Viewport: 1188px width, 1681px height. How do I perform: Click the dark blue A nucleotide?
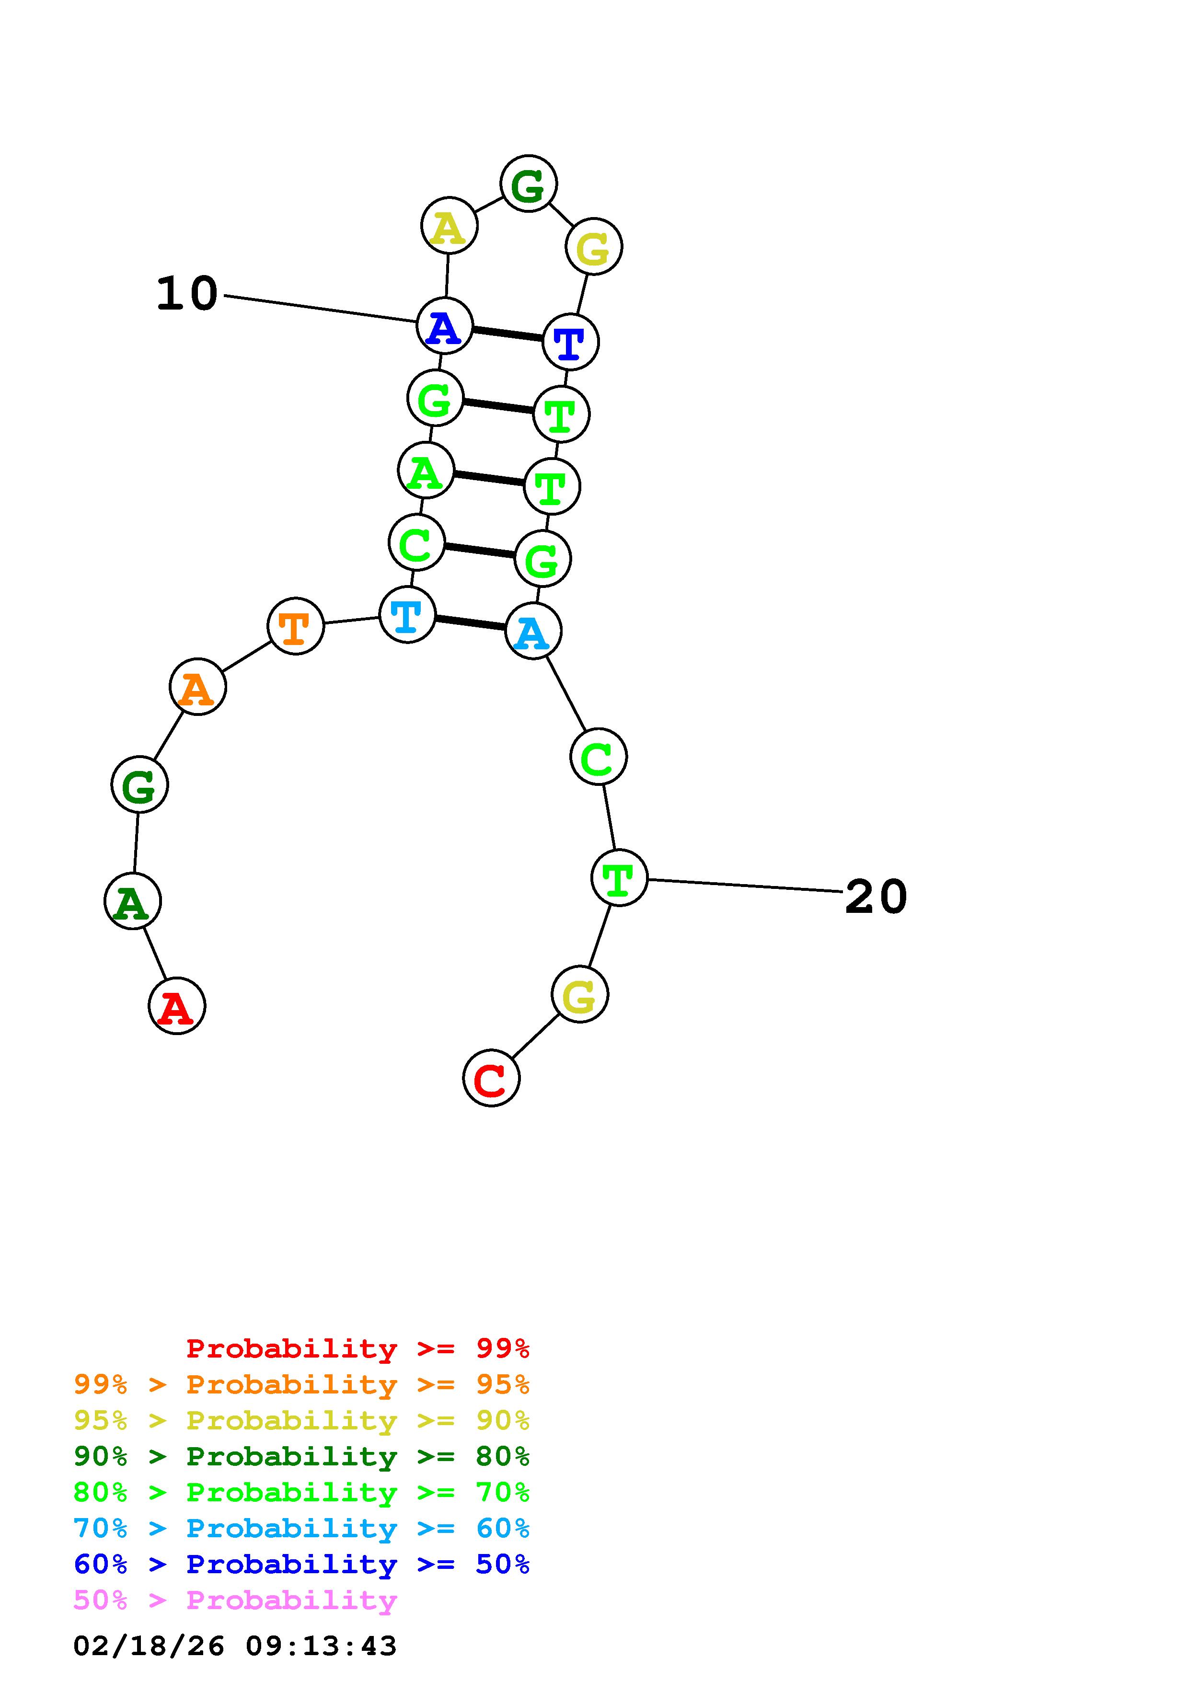click(x=444, y=326)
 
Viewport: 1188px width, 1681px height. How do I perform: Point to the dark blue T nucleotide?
click(x=570, y=342)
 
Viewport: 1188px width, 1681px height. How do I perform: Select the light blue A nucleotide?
click(x=533, y=631)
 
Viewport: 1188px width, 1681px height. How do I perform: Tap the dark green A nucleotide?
click(x=132, y=901)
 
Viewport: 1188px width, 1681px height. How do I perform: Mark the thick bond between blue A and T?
click(x=507, y=334)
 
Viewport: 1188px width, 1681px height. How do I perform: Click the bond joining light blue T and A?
click(x=470, y=623)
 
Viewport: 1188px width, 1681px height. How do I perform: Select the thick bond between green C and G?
click(x=479, y=551)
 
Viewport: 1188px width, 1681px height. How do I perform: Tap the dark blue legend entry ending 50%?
click(x=301, y=1564)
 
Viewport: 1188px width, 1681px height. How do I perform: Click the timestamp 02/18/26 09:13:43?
click(x=235, y=1646)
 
